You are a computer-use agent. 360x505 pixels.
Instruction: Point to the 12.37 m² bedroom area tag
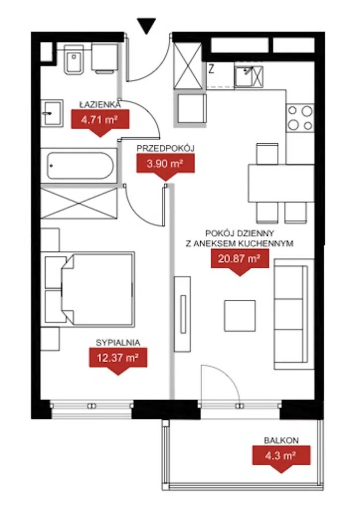point(117,359)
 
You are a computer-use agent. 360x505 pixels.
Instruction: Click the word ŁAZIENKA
point(99,104)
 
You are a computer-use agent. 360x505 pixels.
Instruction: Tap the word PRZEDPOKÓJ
point(165,148)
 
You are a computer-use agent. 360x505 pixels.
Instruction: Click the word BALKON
point(281,440)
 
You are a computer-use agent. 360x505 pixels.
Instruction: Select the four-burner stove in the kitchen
point(300,119)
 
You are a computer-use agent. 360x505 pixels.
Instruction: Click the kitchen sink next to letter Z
point(244,76)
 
